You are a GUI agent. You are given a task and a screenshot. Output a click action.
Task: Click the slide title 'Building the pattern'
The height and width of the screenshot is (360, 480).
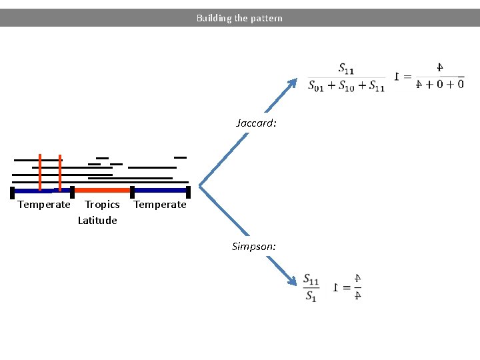(239, 18)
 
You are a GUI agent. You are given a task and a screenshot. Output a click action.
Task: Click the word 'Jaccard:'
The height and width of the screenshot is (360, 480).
(256, 123)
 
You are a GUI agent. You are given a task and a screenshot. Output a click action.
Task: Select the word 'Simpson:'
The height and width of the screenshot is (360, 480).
(254, 247)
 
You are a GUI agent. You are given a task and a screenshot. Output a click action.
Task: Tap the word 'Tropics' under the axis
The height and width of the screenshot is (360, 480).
(102, 205)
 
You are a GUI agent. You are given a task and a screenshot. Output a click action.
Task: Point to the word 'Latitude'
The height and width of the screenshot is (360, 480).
(97, 221)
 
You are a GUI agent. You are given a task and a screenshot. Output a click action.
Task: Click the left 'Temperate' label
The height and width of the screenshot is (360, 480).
(43, 205)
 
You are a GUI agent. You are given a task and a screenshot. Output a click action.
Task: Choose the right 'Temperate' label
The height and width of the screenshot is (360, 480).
(160, 205)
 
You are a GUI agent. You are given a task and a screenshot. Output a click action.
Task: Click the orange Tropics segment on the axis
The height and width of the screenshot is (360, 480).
(102, 190)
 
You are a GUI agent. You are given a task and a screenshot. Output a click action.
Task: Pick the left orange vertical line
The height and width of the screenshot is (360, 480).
(40, 172)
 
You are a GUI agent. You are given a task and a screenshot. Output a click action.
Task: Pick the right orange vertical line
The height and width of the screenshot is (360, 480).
(60, 172)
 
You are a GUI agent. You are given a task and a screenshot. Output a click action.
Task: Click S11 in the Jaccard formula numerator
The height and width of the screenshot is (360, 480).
(346, 69)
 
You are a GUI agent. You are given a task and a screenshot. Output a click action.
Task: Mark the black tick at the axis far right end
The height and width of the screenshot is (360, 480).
(188, 193)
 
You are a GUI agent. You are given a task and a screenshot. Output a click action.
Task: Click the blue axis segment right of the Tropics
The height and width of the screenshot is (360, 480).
(160, 190)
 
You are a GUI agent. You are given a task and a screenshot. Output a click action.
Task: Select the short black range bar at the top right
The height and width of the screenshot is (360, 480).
(180, 157)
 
